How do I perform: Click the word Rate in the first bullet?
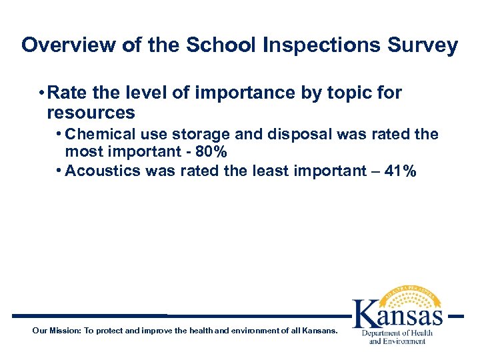[x=69, y=93]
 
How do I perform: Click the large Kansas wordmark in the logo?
[x=398, y=311]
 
